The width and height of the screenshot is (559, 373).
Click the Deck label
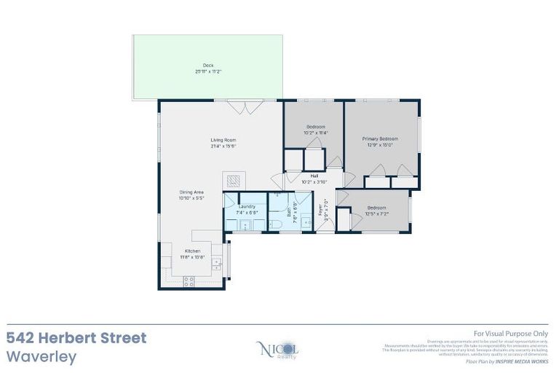[208, 66]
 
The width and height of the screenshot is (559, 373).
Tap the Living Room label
[223, 140]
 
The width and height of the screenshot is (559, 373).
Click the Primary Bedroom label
[380, 138]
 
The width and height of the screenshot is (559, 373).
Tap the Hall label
[314, 176]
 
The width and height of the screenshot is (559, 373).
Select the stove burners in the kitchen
[190, 279]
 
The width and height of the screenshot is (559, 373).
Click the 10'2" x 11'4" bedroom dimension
[316, 133]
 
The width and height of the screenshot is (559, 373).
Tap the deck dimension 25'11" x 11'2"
[208, 71]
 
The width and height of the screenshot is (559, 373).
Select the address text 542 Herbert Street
[76, 338]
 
